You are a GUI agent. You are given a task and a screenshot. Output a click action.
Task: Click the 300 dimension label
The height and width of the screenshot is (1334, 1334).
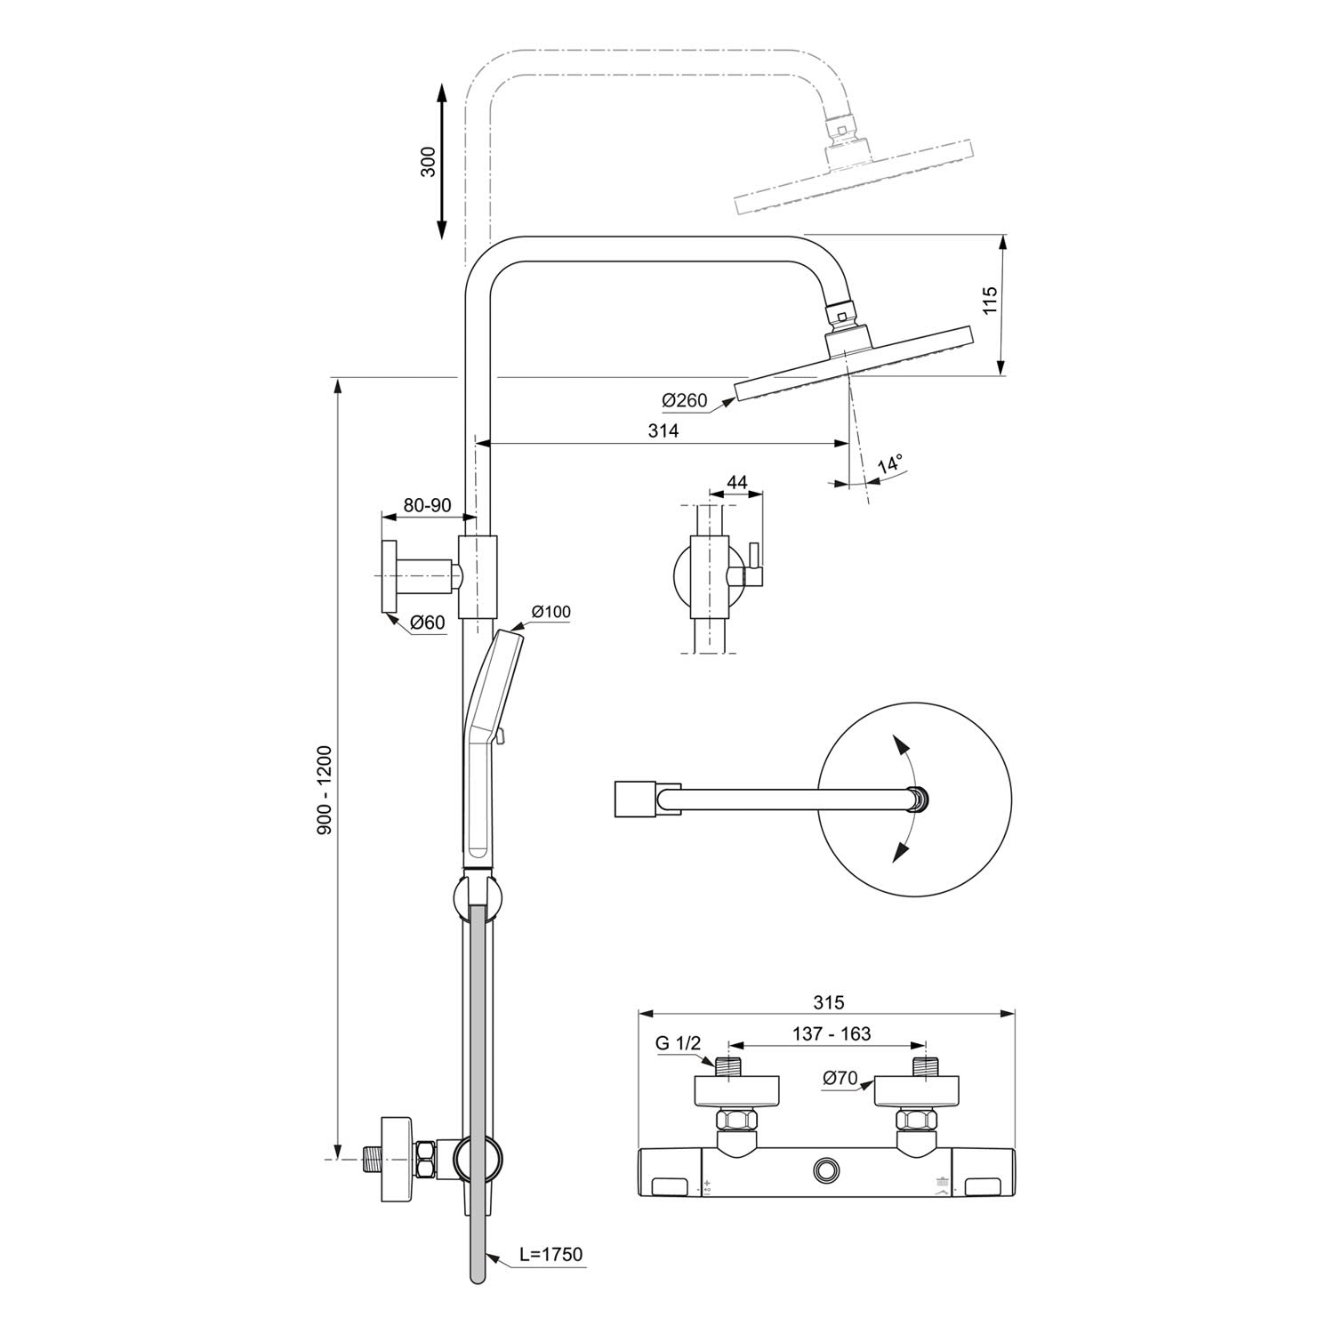tap(429, 161)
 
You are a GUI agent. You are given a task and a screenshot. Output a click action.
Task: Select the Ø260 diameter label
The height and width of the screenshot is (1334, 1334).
tap(685, 401)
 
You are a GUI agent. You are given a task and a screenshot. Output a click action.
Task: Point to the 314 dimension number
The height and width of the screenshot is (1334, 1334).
tap(663, 430)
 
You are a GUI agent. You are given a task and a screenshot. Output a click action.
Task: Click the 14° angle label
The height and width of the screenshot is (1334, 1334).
tap(890, 464)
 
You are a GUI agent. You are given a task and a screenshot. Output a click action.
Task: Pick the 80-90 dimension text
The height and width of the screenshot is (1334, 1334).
tap(428, 505)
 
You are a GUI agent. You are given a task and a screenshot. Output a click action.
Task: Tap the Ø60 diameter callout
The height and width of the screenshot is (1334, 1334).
tap(428, 623)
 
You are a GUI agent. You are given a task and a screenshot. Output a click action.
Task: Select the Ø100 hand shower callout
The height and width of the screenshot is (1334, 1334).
tap(551, 611)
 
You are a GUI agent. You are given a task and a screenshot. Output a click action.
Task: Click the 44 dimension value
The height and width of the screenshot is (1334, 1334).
tap(737, 483)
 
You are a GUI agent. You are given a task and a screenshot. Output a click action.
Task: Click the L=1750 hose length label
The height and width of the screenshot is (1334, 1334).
tap(551, 1255)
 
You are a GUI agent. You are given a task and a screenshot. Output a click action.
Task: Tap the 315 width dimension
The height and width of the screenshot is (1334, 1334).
tap(828, 1002)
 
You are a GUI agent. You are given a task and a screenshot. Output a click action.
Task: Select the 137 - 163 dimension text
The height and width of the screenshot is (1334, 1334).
tap(830, 1033)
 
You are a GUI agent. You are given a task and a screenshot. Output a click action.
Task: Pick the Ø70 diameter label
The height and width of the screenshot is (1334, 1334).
tap(840, 1079)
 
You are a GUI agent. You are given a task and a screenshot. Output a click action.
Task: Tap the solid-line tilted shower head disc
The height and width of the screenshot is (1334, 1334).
tap(854, 366)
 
